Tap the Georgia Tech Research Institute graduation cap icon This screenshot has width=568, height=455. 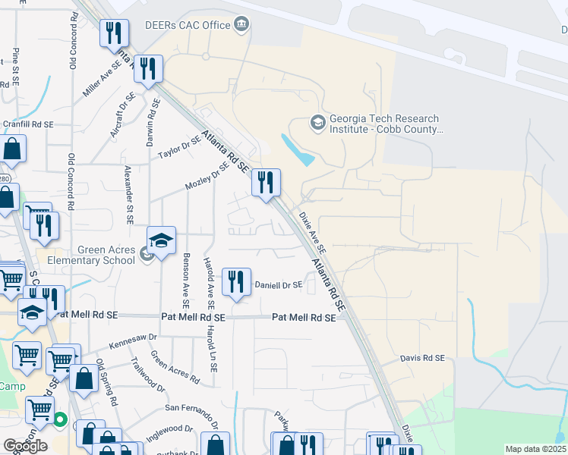click(317, 121)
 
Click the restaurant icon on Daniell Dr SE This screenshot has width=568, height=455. click(235, 282)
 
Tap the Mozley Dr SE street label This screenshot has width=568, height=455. click(207, 178)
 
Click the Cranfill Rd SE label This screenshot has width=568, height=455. click(28, 124)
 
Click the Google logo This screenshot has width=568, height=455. click(24, 445)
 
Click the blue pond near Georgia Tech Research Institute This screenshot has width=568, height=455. click(298, 150)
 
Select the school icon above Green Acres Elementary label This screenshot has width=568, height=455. click(161, 242)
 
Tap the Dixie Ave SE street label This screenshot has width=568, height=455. click(311, 233)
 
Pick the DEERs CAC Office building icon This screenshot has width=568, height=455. click(241, 25)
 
